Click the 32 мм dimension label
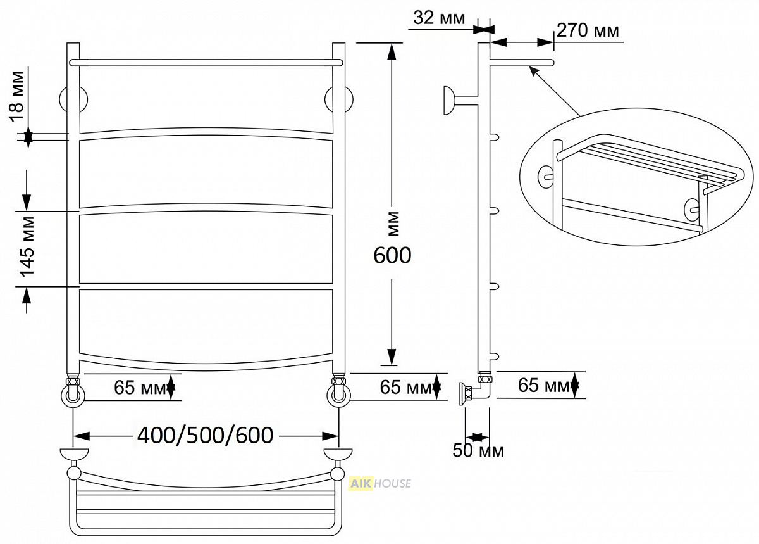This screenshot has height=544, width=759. pyautogui.click(x=439, y=18)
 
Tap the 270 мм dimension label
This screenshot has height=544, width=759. pyautogui.click(x=588, y=30)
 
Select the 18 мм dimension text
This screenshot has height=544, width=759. pyautogui.click(x=17, y=96)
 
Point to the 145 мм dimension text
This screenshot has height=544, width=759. pyautogui.click(x=27, y=247)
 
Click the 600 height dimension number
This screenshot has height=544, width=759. pyautogui.click(x=392, y=255)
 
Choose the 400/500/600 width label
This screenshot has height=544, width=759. pyautogui.click(x=206, y=435)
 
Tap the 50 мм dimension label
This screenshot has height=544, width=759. pyautogui.click(x=478, y=451)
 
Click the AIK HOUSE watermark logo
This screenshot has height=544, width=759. pyautogui.click(x=379, y=483)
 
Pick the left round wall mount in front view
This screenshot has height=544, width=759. pyautogui.click(x=73, y=99)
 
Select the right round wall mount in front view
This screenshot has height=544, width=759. pyautogui.click(x=339, y=99)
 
